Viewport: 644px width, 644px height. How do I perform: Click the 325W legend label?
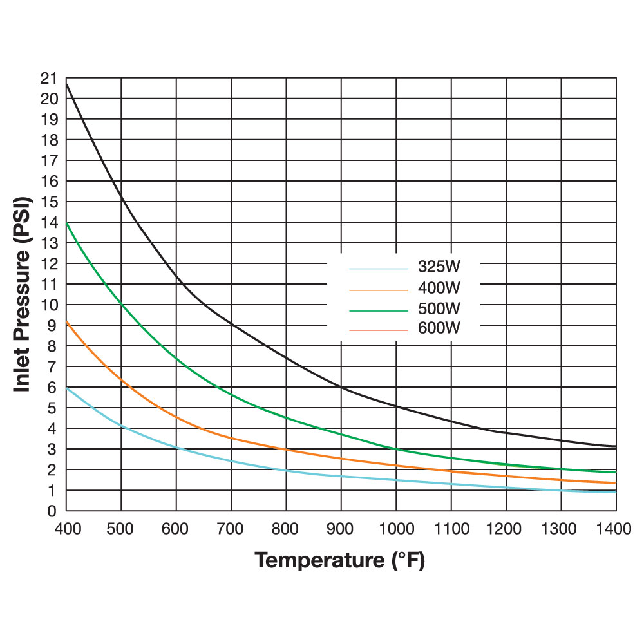coord(440,267)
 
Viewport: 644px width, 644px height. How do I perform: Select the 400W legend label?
coord(440,287)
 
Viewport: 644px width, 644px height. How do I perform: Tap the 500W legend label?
coord(440,308)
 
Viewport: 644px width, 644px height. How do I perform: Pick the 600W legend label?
coord(440,328)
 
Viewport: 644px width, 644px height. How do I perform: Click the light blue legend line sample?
coord(379,269)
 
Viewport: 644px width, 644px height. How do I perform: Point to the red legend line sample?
coord(379,330)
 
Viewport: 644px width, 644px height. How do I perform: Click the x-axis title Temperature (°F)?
coord(340,560)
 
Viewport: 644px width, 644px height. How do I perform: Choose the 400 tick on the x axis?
coord(66,530)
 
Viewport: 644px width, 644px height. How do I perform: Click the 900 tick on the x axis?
coord(341,530)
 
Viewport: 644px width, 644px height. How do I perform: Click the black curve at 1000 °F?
coord(396,406)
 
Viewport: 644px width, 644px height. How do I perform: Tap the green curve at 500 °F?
coord(122,303)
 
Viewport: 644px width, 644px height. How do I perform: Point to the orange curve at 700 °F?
coord(231,438)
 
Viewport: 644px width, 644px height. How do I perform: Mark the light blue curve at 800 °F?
coord(286,470)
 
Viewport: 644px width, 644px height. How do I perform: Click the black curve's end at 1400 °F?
coord(615,446)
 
